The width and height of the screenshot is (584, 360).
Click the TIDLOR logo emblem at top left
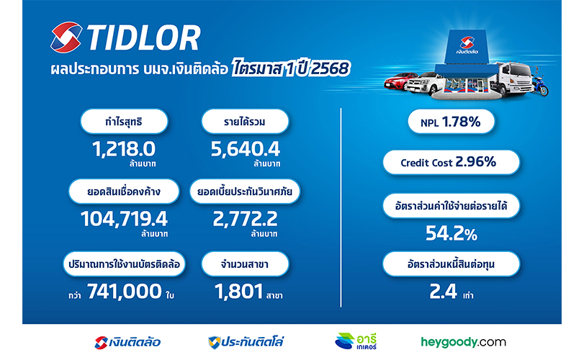(x=66, y=37)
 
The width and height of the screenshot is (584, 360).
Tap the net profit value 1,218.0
(x=124, y=149)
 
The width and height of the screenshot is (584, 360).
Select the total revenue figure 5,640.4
(x=245, y=149)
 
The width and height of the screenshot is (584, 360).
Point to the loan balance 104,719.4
(x=124, y=219)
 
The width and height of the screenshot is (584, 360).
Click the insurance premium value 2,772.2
(x=245, y=219)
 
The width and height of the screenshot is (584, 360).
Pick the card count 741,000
(x=125, y=291)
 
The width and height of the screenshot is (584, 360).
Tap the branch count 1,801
(x=239, y=291)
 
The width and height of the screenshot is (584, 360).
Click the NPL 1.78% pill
(x=451, y=122)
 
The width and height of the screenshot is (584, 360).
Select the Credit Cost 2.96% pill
(x=451, y=162)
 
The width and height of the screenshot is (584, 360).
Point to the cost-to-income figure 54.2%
(x=451, y=233)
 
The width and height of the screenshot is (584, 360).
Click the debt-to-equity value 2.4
(x=443, y=291)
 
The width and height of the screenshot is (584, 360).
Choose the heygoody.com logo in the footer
(x=463, y=342)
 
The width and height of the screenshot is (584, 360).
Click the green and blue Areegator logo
(x=356, y=341)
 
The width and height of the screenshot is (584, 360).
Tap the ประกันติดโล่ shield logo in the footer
(x=246, y=342)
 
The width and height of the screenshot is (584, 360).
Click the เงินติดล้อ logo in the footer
(x=127, y=342)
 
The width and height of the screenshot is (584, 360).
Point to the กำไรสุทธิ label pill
(x=124, y=122)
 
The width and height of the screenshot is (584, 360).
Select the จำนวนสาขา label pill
(x=245, y=264)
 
